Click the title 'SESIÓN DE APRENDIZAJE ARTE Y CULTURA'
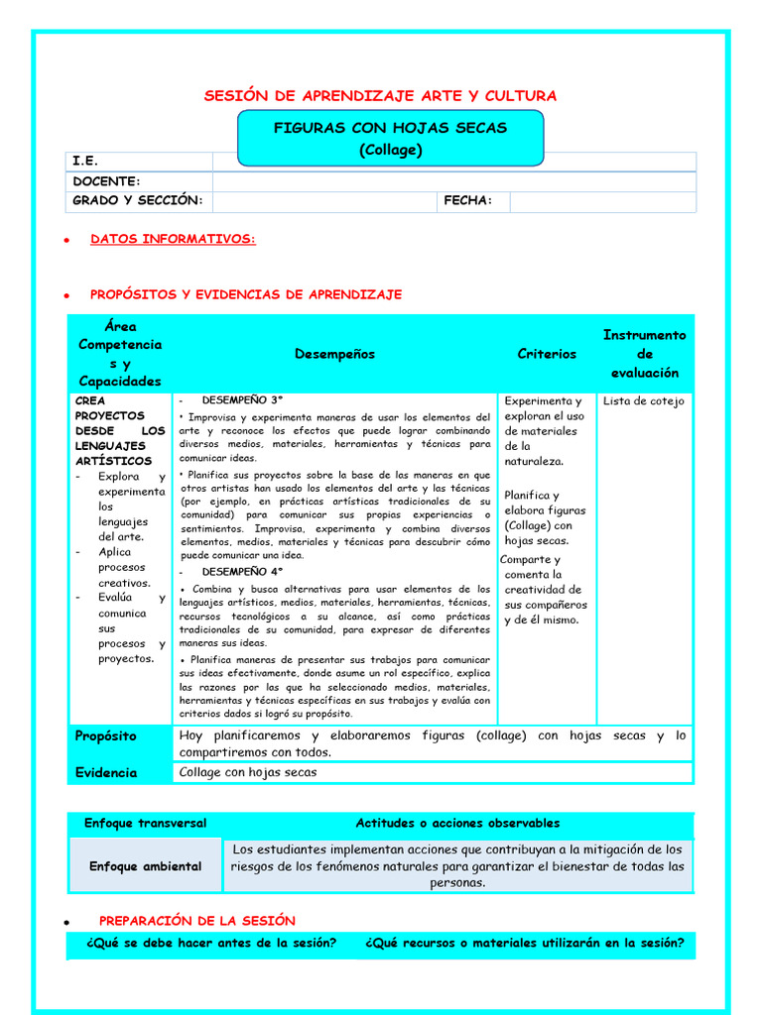[x=380, y=96]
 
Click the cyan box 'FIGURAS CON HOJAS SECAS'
[x=390, y=138]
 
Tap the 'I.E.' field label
[x=85, y=161]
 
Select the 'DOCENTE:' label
[x=106, y=181]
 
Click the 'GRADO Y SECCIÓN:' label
[x=137, y=201]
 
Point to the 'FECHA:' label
[x=467, y=201]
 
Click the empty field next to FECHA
[x=602, y=201]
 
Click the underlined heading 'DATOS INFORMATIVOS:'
[x=173, y=240]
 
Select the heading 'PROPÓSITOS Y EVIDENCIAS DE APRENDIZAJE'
[x=246, y=295]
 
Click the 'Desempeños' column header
[x=334, y=354]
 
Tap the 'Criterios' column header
[x=547, y=354]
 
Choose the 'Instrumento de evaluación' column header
[x=644, y=354]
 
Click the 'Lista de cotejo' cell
[x=643, y=401]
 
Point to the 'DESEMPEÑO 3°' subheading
[x=242, y=400]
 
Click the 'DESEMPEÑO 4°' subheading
[x=242, y=572]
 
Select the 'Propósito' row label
[x=105, y=736]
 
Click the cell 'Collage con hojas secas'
[x=248, y=773]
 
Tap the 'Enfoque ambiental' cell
[x=145, y=866]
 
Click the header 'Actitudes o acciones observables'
[x=457, y=824]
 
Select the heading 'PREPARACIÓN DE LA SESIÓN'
[x=196, y=921]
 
